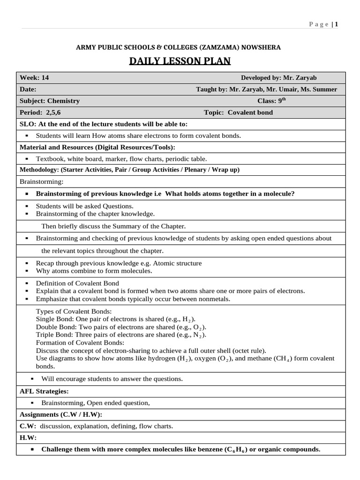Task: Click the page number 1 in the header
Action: [336, 25]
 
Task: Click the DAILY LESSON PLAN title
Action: [180, 62]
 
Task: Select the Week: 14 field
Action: [34, 78]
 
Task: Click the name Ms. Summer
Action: [322, 89]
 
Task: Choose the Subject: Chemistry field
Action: [50, 101]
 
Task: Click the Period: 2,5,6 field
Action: [40, 112]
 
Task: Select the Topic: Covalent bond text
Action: [238, 112]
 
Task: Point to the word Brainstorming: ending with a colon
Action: [41, 181]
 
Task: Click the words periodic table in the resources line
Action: [187, 159]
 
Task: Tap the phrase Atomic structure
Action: [179, 263]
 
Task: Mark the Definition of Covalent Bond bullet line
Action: [77, 283]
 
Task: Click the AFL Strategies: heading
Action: [44, 391]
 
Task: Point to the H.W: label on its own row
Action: [28, 437]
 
